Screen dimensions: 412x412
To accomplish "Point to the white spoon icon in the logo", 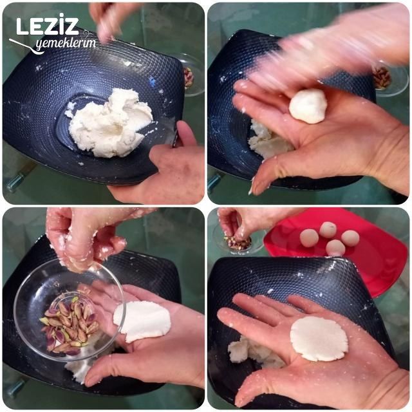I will pyautogui.click(x=26, y=45).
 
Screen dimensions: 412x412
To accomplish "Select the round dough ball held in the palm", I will pyautogui.click(x=308, y=106).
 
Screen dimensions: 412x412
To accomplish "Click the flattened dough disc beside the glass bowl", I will pyautogui.click(x=142, y=321).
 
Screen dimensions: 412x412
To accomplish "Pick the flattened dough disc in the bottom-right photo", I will pyautogui.click(x=319, y=338).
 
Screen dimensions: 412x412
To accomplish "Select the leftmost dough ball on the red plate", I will pyautogui.click(x=309, y=238).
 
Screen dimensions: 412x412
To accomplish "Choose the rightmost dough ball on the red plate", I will pyautogui.click(x=350, y=238).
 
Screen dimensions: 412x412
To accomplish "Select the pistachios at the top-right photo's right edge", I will pyautogui.click(x=383, y=77).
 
